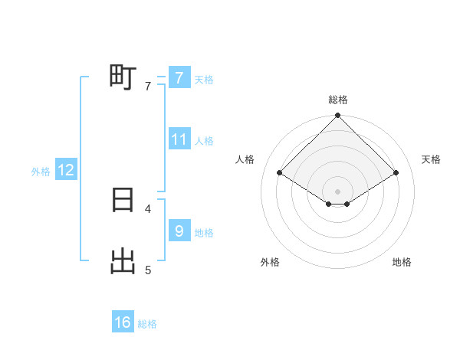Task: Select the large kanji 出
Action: click(x=123, y=261)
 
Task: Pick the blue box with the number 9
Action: click(x=179, y=231)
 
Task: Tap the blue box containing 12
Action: click(x=66, y=170)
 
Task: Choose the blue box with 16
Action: click(x=123, y=322)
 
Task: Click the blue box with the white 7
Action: click(x=179, y=77)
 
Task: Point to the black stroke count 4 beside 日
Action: click(x=148, y=208)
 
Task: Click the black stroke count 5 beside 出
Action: click(x=148, y=270)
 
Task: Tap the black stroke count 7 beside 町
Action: click(x=148, y=86)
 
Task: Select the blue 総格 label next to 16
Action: click(x=147, y=324)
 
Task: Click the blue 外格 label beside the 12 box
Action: click(x=41, y=172)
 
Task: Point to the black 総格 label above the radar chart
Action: click(x=338, y=100)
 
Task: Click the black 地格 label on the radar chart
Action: click(x=402, y=262)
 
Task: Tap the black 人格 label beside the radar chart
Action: click(x=245, y=159)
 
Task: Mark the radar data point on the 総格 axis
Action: click(x=338, y=116)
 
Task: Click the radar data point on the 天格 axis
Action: click(x=396, y=173)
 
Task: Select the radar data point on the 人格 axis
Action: click(x=280, y=173)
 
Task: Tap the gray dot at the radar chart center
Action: click(x=338, y=191)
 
